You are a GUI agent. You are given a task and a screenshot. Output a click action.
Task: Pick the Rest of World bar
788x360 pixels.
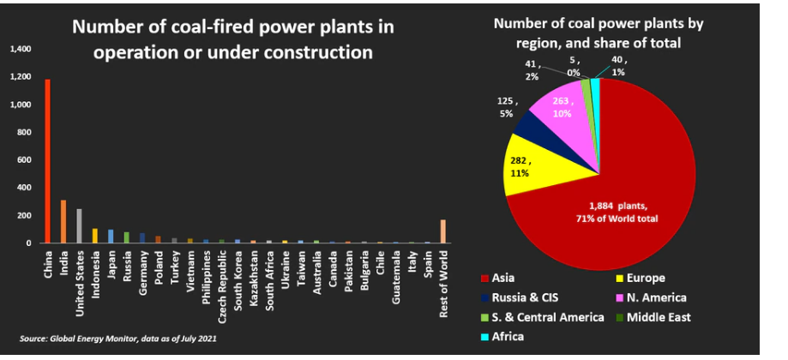point(442,231)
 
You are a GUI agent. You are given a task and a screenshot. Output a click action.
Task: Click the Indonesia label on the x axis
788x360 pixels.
point(95,267)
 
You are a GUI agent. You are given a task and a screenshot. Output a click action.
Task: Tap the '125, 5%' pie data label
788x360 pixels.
point(507,107)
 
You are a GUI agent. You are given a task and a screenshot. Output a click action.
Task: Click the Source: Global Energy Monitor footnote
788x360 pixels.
point(118,339)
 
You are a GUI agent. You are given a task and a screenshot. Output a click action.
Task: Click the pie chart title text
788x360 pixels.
point(599,33)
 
